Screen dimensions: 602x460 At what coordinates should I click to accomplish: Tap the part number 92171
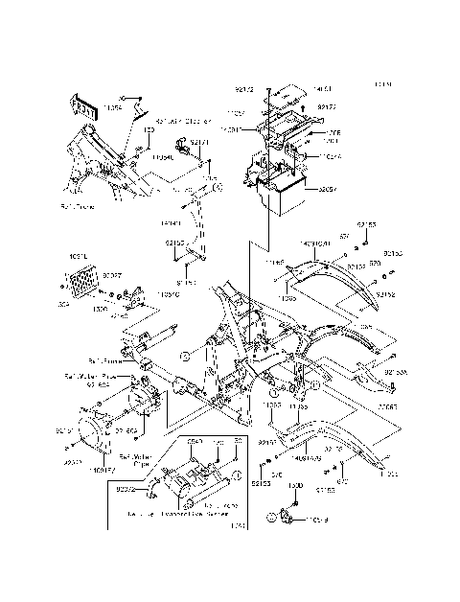(x=199, y=141)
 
